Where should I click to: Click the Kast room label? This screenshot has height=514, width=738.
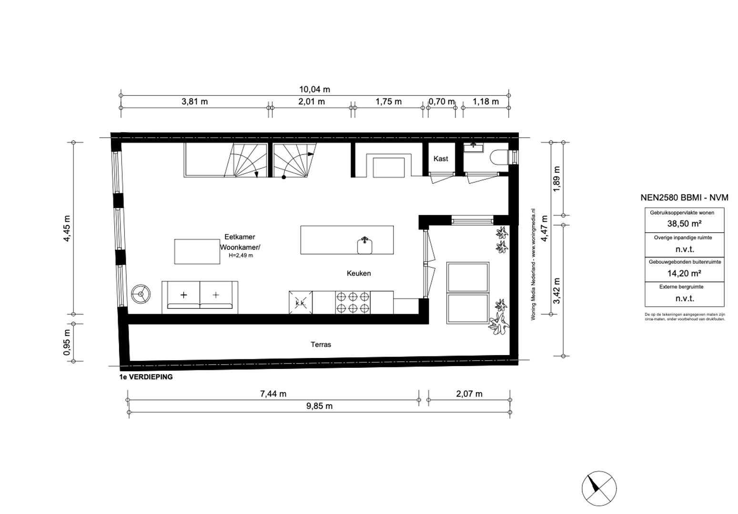441,158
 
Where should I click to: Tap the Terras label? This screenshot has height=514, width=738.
321,344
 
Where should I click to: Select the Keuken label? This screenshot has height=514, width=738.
358,273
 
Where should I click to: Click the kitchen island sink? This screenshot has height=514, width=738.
365,245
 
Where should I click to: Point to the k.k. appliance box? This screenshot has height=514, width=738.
301,303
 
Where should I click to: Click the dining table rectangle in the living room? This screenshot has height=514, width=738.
197,251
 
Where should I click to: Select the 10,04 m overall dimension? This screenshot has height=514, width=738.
314,89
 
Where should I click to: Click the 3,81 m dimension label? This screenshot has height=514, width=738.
194,101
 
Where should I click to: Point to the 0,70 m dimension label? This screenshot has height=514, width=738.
441,101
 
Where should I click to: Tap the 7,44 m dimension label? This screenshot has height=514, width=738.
273,394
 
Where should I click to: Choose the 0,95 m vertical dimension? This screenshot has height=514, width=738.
67,342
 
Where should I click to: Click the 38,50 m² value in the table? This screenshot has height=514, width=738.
684,223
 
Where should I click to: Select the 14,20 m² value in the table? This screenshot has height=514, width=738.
684,273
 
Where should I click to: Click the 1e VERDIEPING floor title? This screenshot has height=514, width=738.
146,376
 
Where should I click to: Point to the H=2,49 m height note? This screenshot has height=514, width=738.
241,256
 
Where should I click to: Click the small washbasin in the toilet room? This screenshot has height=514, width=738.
474,147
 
